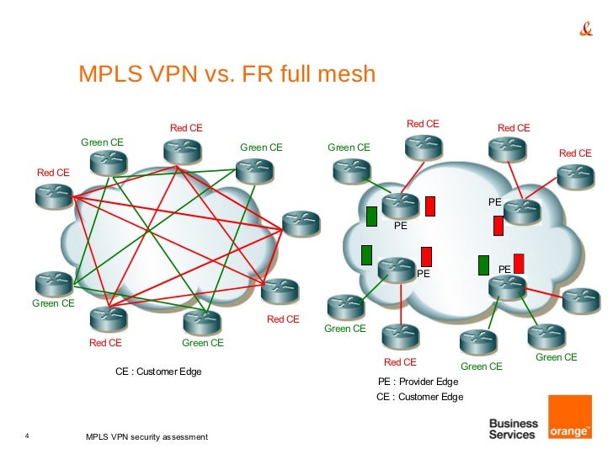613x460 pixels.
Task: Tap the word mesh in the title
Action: click(x=346, y=73)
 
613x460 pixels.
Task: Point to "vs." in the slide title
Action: click(x=219, y=74)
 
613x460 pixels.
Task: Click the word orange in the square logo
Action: click(x=569, y=431)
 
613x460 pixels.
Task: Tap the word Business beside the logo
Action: click(x=514, y=423)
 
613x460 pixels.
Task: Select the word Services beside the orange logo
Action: click(x=512, y=435)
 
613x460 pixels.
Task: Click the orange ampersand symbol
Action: click(x=586, y=29)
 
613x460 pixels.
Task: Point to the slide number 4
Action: click(x=27, y=436)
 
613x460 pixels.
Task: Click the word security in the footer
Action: click(x=146, y=437)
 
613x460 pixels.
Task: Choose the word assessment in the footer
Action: click(x=185, y=437)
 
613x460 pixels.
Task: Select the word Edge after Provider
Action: click(x=448, y=382)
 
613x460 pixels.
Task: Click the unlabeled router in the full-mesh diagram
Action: click(x=301, y=223)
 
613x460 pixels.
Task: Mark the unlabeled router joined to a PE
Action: click(x=581, y=302)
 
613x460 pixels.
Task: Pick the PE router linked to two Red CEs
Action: click(x=522, y=211)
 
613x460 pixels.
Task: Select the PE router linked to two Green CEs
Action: click(x=508, y=287)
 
